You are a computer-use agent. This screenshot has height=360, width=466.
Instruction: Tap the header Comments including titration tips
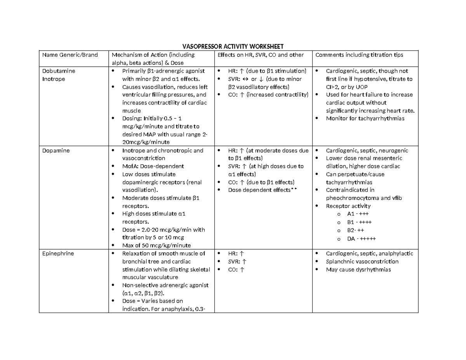pyautogui.click(x=359, y=55)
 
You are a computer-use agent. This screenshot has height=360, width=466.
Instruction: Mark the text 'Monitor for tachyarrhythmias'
pyautogui.click(x=365, y=118)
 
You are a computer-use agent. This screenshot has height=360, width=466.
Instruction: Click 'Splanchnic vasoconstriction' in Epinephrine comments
pyautogui.click(x=362, y=262)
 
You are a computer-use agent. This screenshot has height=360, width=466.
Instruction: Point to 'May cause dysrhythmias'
pyautogui.click(x=358, y=270)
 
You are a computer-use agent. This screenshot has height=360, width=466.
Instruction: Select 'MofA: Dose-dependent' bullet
pyautogui.click(x=153, y=166)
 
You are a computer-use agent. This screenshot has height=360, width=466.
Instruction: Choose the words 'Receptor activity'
pyautogui.click(x=348, y=206)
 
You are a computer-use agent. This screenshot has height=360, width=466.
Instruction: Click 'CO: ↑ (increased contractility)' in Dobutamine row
pyautogui.click(x=268, y=95)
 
